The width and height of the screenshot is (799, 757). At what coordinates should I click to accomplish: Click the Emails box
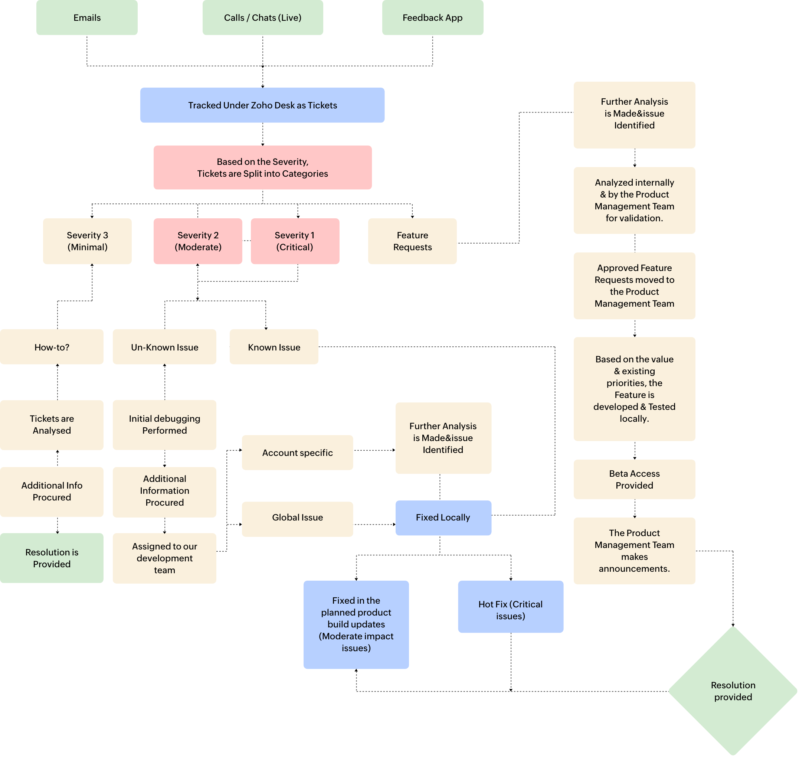point(87,18)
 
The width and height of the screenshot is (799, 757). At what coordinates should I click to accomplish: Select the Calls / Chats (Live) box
point(263,18)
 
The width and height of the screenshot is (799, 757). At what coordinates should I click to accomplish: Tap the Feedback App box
point(432,18)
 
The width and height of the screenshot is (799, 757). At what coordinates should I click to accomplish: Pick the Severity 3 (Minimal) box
point(87,241)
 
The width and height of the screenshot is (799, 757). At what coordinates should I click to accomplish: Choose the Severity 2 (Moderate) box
point(198,241)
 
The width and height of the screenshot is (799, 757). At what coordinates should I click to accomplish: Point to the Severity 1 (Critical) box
point(295,241)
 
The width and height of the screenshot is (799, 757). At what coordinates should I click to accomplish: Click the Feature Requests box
point(412,241)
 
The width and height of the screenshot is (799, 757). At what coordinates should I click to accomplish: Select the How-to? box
point(52,347)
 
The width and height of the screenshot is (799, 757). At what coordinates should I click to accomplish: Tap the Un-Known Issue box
point(164,347)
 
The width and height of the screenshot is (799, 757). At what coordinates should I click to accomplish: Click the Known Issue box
point(274,347)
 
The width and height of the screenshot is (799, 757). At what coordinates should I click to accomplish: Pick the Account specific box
point(297,453)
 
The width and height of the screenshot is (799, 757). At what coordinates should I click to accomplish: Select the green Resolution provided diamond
point(733,691)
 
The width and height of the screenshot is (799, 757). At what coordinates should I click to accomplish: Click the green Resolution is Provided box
point(52,558)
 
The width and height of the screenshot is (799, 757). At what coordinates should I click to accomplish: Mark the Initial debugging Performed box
point(164,424)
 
